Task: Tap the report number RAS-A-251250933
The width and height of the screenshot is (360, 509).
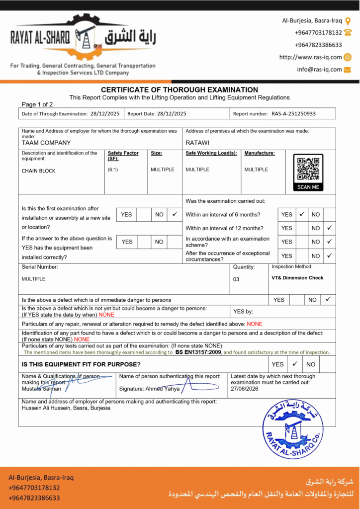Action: click(293, 114)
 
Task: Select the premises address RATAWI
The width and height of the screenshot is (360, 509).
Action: click(197, 143)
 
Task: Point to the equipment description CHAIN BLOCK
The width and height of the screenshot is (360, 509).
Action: click(38, 171)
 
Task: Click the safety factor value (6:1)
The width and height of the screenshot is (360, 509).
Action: click(113, 170)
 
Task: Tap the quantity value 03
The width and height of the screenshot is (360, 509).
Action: click(236, 279)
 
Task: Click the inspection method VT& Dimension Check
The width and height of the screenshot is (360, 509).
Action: click(297, 278)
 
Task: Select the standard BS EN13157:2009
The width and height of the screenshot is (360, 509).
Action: click(198, 352)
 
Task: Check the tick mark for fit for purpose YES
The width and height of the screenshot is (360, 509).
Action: click(294, 363)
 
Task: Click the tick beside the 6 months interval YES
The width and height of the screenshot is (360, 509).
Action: click(302, 214)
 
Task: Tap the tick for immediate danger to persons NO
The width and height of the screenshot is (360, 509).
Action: click(328, 299)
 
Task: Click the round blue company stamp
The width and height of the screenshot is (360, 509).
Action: click(292, 430)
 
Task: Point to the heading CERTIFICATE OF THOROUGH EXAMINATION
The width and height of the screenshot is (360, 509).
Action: click(180, 89)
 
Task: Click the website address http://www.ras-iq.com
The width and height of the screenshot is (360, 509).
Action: click(311, 57)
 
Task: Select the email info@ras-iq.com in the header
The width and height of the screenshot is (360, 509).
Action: click(319, 70)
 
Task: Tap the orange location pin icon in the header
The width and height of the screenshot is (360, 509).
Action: click(348, 21)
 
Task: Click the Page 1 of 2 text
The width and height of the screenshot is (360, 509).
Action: click(37, 104)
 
